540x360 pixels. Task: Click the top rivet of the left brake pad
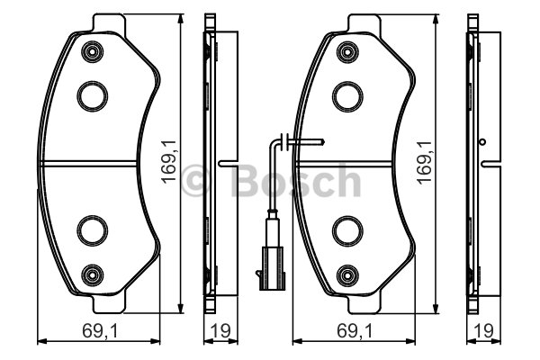pos(90,52)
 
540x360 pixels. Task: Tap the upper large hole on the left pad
pos(90,94)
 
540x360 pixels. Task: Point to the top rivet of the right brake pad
pos(346,52)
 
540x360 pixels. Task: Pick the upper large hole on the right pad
pos(346,94)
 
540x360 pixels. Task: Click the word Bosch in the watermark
pos(297,182)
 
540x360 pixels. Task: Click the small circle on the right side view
pos(484,143)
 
